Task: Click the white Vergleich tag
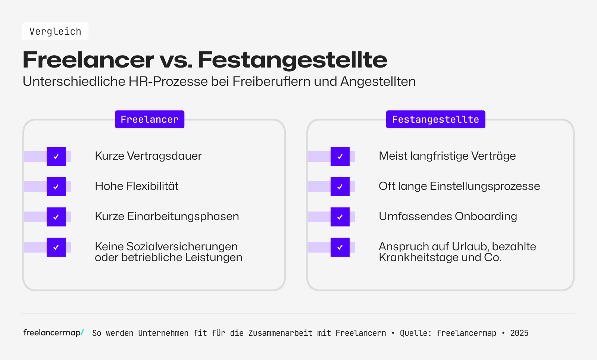[x=55, y=31]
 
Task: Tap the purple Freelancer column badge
[x=150, y=119]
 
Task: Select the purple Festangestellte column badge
[x=435, y=119]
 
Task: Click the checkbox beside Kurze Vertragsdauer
[x=56, y=156]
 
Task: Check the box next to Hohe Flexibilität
[x=56, y=187]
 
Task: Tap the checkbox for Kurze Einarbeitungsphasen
[x=56, y=217]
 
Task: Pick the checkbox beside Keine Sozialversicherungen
[x=56, y=247]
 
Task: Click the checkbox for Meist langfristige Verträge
[x=340, y=156]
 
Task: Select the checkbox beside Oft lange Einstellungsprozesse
[x=340, y=187]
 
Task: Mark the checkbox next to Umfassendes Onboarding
[x=340, y=217]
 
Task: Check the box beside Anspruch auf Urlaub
[x=340, y=247]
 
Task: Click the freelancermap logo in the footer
[x=53, y=332]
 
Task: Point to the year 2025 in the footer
[x=519, y=333]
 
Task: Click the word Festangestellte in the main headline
[x=292, y=60]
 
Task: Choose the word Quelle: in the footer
[x=415, y=333]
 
